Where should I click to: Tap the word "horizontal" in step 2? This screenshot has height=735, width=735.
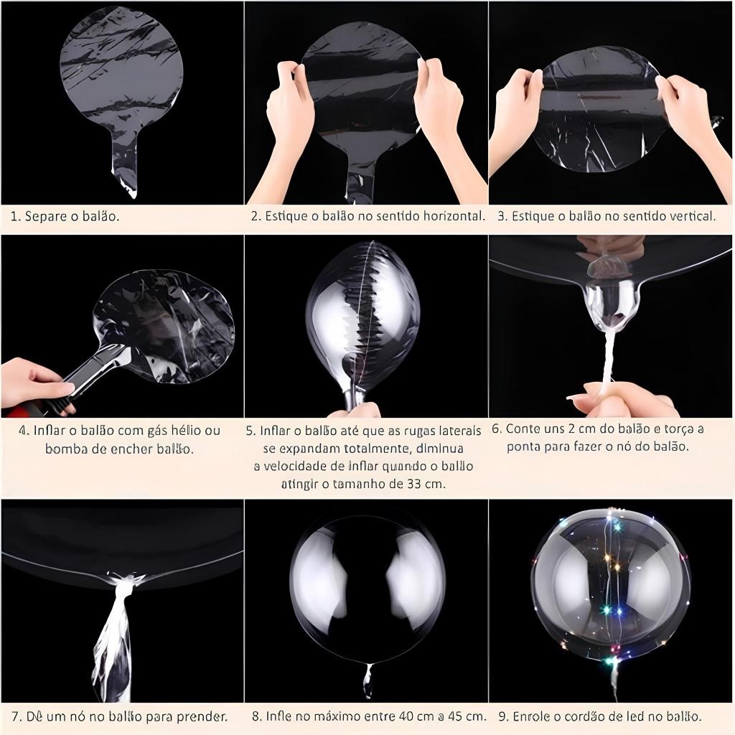[x=454, y=215]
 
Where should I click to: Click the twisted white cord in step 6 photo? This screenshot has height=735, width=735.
[x=608, y=356]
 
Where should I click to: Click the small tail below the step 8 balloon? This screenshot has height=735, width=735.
[x=368, y=680]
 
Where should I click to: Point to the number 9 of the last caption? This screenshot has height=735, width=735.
[x=503, y=716]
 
